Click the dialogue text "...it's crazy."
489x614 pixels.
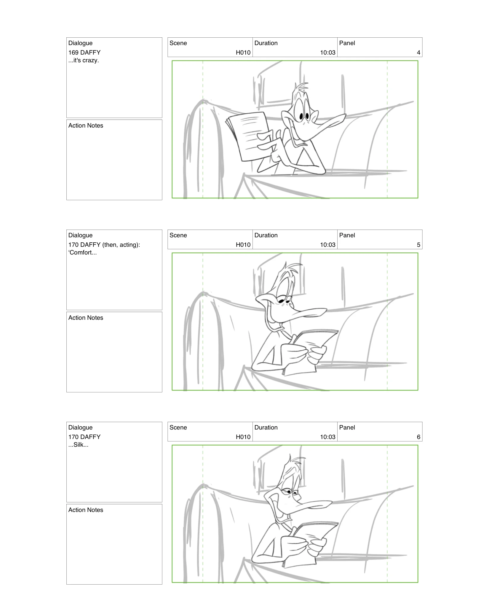84,60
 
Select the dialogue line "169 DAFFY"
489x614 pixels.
84,53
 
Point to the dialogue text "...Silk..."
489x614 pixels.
79,445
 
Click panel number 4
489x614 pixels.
418,53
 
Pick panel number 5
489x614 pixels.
418,245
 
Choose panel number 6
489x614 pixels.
418,437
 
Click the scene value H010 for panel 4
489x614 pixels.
243,53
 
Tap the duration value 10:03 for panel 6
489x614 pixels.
327,437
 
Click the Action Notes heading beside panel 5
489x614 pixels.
86,318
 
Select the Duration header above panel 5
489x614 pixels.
266,235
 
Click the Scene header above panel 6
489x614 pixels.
178,427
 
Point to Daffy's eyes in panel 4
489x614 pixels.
304,116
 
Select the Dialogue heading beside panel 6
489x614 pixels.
80,427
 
